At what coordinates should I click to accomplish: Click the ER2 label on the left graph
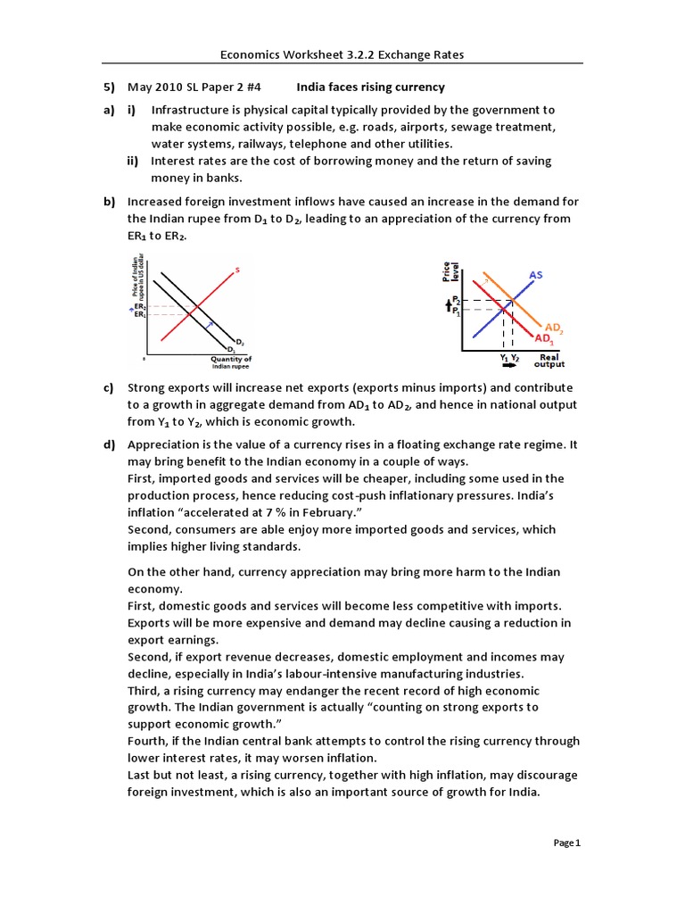click(x=140, y=306)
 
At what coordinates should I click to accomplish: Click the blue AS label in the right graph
click(x=536, y=275)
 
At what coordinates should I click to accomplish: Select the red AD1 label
click(x=543, y=339)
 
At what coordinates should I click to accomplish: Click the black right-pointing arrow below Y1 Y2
click(x=510, y=365)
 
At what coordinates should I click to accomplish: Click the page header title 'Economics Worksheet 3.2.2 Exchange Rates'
click(x=342, y=55)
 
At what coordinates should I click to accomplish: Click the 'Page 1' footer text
click(x=566, y=843)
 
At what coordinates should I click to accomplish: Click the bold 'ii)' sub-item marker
click(x=134, y=161)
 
